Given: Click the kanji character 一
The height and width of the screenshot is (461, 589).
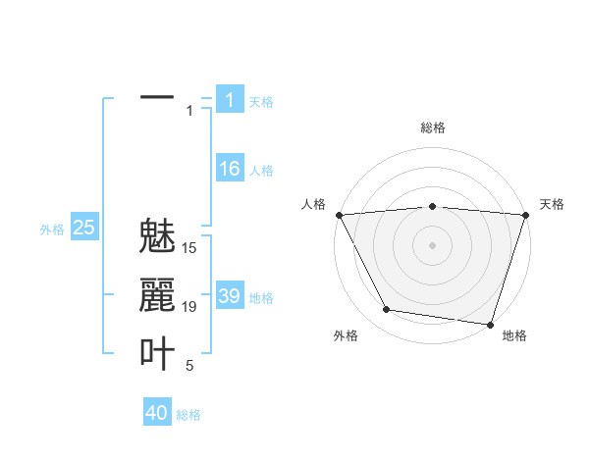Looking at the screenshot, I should coord(157,98).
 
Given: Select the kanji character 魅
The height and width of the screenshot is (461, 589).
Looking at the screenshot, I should coord(157,238).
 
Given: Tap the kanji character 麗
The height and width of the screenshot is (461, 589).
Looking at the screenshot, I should coord(157,295).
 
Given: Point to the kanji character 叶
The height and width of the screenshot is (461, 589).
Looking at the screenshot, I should coord(157,353).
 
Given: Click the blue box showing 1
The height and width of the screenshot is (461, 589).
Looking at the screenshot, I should coord(229,99).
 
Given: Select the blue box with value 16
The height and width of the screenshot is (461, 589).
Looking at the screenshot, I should coord(229,169).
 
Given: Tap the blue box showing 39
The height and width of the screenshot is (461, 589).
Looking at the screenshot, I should coord(229,295).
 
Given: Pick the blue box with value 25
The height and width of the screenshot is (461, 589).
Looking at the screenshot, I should coord(83,228).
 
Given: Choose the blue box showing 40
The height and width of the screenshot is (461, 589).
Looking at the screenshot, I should coord(156,413).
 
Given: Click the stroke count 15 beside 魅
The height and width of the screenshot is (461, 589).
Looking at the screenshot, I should coord(189,248).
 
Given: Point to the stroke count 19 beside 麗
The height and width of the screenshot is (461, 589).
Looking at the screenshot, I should coord(189,307).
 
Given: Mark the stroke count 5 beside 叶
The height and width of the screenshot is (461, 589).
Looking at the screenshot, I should coord(189,366).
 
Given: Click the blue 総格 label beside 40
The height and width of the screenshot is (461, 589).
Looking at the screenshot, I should coord(188,415).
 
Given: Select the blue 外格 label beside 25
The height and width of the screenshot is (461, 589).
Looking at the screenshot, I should coord(52,230).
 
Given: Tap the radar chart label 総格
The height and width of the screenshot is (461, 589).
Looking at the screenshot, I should coord(432,128).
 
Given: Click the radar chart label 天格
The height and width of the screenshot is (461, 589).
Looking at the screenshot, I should coord(553,204).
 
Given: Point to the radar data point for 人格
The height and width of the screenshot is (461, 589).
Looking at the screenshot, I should coord(339,214).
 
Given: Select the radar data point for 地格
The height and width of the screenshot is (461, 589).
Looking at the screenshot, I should coord(489,324).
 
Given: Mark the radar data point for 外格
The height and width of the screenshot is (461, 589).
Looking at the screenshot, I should coord(387,310).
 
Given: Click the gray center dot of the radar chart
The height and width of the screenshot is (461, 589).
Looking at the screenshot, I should coord(432,245).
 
